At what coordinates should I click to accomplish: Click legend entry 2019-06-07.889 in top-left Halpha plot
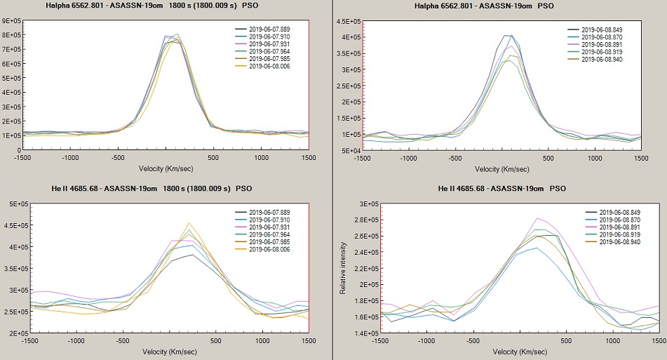pyautogui.click(x=267, y=29)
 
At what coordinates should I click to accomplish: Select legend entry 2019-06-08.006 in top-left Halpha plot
pyautogui.click(x=267, y=67)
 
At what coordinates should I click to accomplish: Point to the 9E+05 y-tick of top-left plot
pyautogui.click(x=12, y=21)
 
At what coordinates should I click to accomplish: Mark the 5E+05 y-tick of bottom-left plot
pyautogui.click(x=12, y=204)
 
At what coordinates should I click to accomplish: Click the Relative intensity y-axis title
pyautogui.click(x=343, y=268)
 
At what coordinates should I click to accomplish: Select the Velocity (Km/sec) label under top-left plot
pyautogui.click(x=165, y=169)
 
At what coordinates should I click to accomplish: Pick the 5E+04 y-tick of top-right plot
pyautogui.click(x=351, y=150)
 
